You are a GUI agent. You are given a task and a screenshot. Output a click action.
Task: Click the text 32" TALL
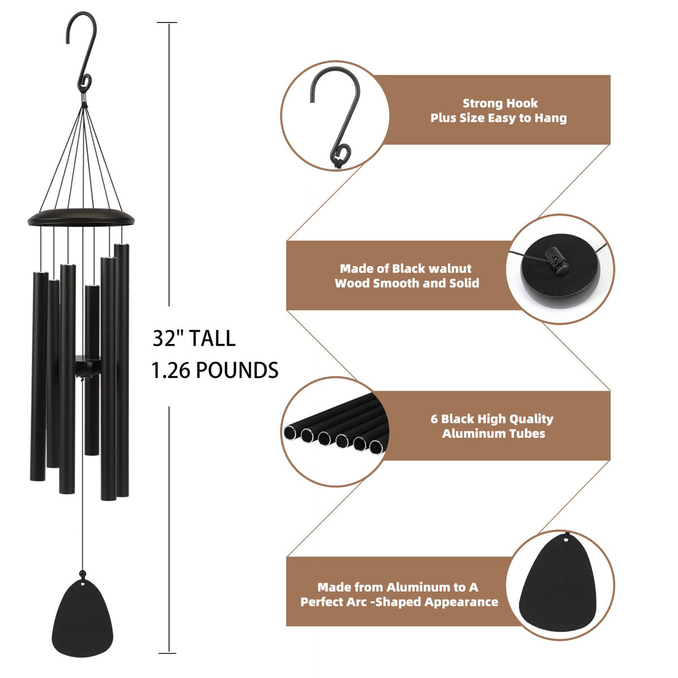(x=194, y=338)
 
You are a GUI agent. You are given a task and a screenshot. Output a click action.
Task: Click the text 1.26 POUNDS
(x=215, y=371)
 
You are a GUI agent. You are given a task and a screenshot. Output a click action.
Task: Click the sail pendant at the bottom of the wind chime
(x=84, y=619)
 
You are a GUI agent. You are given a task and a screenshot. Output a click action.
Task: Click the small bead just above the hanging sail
(x=84, y=575)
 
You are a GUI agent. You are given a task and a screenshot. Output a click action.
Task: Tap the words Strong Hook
(x=500, y=103)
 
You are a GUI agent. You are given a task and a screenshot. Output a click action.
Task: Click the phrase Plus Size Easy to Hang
(x=498, y=118)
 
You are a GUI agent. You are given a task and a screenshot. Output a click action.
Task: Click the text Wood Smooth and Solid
(x=407, y=283)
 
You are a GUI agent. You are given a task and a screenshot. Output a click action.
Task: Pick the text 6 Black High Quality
(x=492, y=419)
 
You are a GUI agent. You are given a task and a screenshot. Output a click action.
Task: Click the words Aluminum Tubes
(x=493, y=433)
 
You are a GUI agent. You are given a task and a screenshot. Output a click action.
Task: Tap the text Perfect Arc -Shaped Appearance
(x=399, y=602)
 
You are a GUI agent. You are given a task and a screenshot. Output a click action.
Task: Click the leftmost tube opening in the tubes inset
(x=290, y=433)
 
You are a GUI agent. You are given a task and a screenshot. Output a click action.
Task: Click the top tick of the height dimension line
(x=167, y=23)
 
